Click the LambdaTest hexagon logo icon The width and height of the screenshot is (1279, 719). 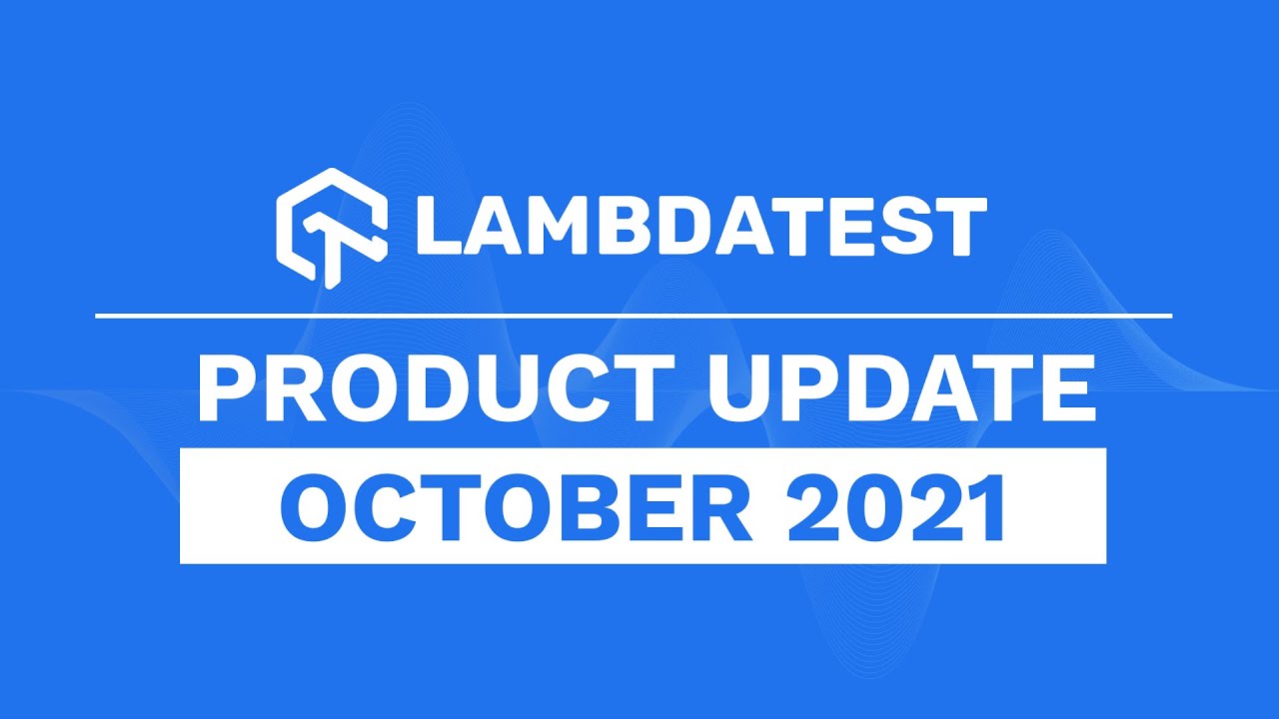(331, 229)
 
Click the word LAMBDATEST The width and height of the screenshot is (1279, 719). (701, 227)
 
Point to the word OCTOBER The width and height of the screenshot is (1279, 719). (516, 507)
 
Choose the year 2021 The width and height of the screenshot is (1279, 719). (895, 506)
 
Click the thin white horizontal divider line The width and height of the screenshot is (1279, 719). (634, 315)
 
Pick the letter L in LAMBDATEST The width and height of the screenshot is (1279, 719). (439, 227)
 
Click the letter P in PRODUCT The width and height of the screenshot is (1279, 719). (227, 388)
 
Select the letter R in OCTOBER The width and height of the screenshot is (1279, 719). (720, 507)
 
